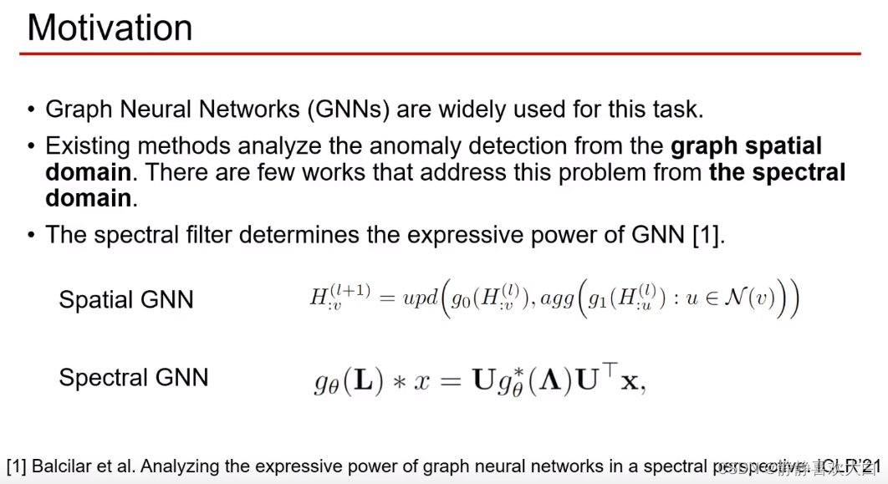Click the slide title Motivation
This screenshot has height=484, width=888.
pos(110,27)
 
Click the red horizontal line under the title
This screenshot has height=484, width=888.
pos(440,54)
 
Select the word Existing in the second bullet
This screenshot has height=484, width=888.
pos(88,146)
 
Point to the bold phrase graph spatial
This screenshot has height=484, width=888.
pos(746,146)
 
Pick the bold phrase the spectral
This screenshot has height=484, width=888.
pos(777,172)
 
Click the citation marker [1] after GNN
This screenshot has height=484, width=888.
pos(707,235)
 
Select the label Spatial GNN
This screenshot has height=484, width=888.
pos(125,300)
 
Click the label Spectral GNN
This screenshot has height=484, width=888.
pos(133,377)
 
